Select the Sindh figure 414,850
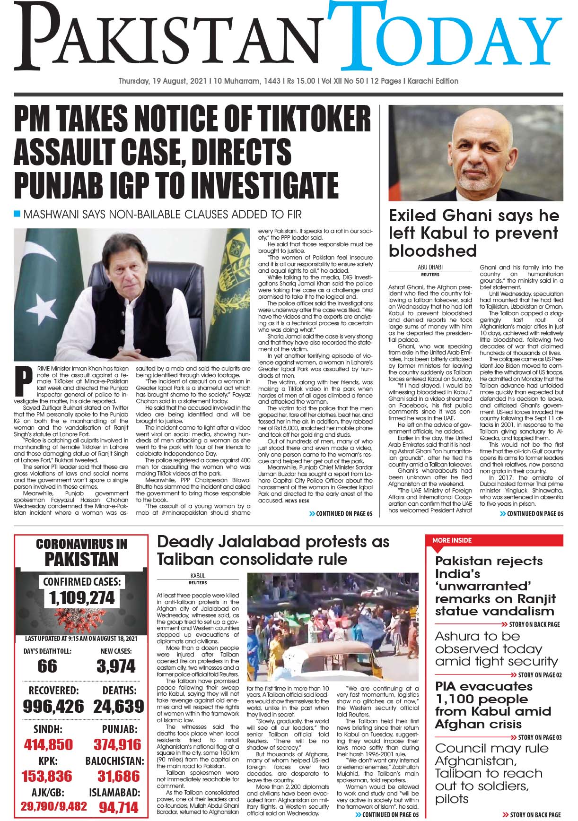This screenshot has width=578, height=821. pos(49,745)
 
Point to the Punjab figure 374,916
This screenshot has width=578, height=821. pos(117,745)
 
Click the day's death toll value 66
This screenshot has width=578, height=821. pos(47,666)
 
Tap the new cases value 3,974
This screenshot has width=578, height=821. pos(116,666)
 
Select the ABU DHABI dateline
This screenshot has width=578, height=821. pos(429,268)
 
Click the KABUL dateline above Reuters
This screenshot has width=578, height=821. pos(198,576)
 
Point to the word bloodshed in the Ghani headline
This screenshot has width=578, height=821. pos(432,250)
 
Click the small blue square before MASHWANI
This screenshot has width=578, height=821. pos(18,214)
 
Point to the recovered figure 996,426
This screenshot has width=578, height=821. pos(53,706)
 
